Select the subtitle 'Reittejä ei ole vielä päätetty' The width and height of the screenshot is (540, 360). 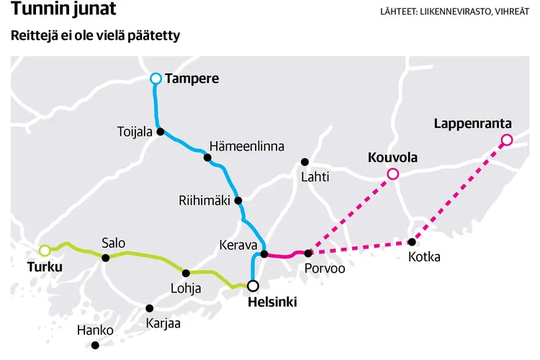pos(95,36)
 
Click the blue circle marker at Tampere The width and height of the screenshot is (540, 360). pos(156,78)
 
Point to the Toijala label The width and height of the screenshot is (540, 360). pos(135,132)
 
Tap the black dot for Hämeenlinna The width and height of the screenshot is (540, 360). pos(207,157)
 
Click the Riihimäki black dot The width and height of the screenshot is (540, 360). pos(238,201)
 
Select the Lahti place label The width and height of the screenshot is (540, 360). pos(315,176)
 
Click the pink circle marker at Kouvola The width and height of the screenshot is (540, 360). pos(392,174)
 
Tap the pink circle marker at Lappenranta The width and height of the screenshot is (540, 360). pos(506,140)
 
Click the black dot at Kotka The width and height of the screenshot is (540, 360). pos(412,242)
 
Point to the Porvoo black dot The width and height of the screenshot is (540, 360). pos(308,253)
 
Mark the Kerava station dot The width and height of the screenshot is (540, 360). pos(264,253)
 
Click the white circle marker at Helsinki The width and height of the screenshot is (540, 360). pos(253,285)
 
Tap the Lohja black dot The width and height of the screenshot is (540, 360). pos(186,273)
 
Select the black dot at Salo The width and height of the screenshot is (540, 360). pos(106,258)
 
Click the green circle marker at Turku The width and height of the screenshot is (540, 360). pos(45,251)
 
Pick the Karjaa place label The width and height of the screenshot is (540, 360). pos(163,323)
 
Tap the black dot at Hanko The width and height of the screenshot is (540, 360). pos(96,346)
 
